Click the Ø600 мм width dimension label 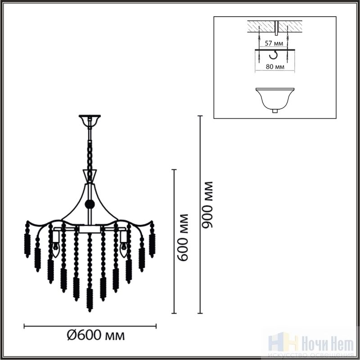tap(96, 336)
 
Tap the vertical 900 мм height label tap(207, 205)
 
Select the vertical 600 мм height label tap(183, 238)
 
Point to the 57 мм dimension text tap(274, 43)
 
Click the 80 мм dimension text tap(275, 67)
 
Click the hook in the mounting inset tap(273, 54)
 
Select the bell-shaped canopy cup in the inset tap(275, 100)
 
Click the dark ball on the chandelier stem tap(90, 204)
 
